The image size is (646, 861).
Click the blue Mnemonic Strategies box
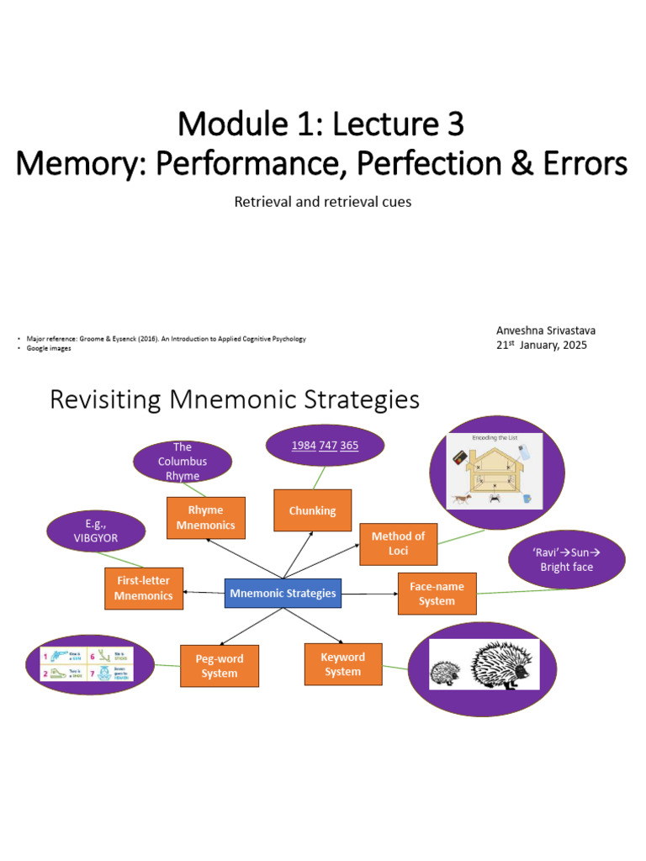coord(282,593)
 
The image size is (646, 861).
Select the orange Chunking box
coord(312,510)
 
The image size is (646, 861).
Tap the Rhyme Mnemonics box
coord(205,518)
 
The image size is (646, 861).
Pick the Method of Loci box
coord(398,543)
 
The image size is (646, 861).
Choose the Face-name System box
coord(436,593)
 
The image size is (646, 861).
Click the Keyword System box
coord(342,664)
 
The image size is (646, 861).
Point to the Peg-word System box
coord(220,665)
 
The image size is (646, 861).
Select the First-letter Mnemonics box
coord(143,589)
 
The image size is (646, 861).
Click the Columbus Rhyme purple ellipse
coord(183,462)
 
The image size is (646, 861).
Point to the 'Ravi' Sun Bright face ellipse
coord(567,559)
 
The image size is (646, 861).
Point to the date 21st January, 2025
coord(541,345)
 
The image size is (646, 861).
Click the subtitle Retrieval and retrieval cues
coord(322,202)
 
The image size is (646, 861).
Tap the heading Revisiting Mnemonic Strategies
coord(235,399)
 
